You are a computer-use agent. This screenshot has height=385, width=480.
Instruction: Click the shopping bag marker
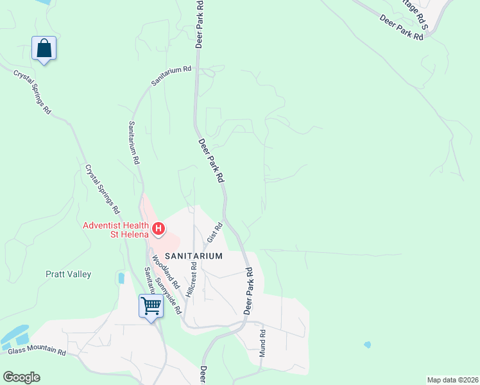point(44,49)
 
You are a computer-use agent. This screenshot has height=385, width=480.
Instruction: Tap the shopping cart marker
point(151,305)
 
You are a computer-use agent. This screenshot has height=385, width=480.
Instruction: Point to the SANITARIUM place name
point(194,255)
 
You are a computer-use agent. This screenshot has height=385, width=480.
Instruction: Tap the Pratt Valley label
point(68,274)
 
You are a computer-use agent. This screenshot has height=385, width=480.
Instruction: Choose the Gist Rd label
point(214,233)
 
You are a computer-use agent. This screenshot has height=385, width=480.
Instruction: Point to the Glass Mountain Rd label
point(37,352)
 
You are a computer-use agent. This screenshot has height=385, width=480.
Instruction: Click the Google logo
point(21,377)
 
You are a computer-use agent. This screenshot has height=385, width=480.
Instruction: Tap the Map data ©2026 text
point(452,379)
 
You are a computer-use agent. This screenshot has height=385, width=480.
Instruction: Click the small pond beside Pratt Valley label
point(121,278)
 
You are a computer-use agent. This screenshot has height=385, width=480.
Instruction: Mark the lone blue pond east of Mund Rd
point(367,345)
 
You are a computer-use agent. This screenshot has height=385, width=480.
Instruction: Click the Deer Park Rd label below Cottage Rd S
point(402,28)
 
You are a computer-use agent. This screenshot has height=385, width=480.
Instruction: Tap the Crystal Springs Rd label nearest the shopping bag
point(32,91)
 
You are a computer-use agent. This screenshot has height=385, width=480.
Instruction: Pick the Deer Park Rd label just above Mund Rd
point(249,290)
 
